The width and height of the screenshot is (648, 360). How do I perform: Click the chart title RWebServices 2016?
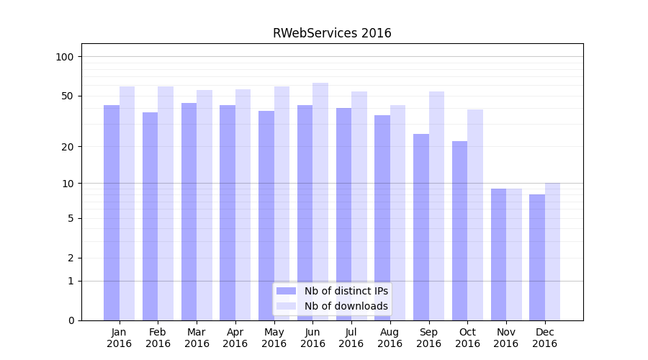(332, 33)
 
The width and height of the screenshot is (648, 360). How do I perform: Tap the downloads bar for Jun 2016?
(320, 202)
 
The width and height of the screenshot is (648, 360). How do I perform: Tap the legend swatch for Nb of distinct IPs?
(287, 291)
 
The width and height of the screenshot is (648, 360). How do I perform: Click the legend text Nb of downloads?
(346, 306)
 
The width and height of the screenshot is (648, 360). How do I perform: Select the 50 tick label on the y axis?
(68, 96)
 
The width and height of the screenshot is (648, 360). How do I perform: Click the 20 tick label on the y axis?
(68, 147)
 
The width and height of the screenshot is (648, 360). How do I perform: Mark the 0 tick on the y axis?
(71, 320)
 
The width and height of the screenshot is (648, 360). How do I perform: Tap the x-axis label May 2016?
(274, 338)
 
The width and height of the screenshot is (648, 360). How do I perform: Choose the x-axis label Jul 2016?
(351, 338)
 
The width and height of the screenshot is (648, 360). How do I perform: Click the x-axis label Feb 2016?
(158, 338)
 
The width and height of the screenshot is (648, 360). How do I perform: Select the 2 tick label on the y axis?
(71, 258)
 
